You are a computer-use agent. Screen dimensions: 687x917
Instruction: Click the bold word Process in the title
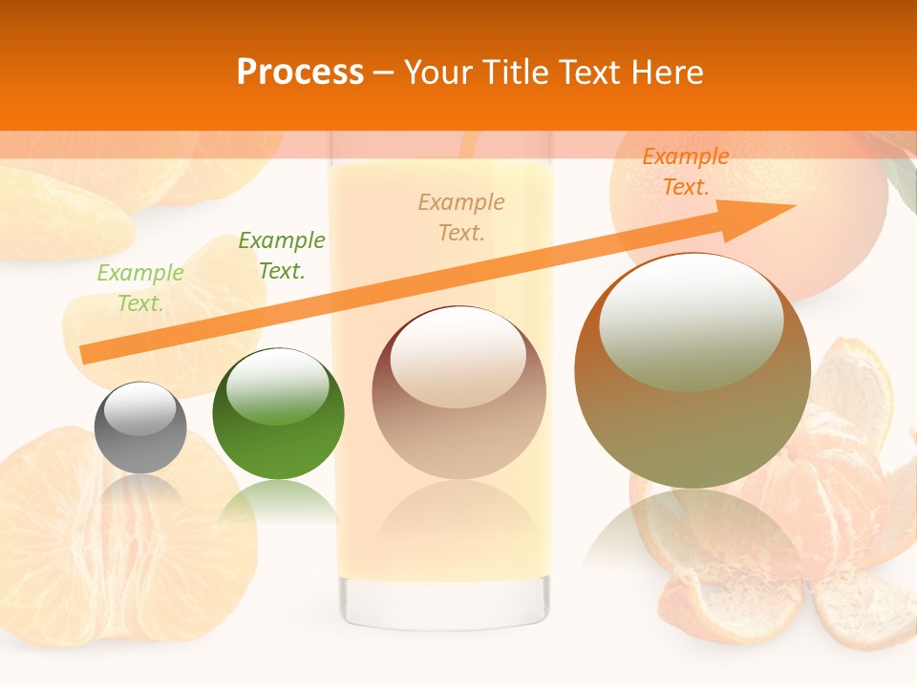pyautogui.click(x=300, y=73)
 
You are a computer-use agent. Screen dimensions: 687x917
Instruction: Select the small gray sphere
pyautogui.click(x=140, y=427)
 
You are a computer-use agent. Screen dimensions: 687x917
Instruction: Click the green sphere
pyautogui.click(x=278, y=415)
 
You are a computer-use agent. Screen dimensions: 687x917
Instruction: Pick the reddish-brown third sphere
pyautogui.click(x=458, y=393)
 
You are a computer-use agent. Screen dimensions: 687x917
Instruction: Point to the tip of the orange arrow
pyautogui.click(x=793, y=206)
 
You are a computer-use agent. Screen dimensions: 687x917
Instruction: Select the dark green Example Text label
pyautogui.click(x=282, y=256)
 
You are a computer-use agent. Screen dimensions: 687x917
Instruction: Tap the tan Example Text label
pyautogui.click(x=461, y=218)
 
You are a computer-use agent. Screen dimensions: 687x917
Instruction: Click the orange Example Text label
pyautogui.click(x=686, y=172)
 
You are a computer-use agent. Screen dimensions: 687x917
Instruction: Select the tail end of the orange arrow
pyautogui.click(x=86, y=355)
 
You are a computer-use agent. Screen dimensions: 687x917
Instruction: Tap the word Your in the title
pyautogui.click(x=440, y=73)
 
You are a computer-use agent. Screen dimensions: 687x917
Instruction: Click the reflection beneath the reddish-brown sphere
pyautogui.click(x=458, y=520)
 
